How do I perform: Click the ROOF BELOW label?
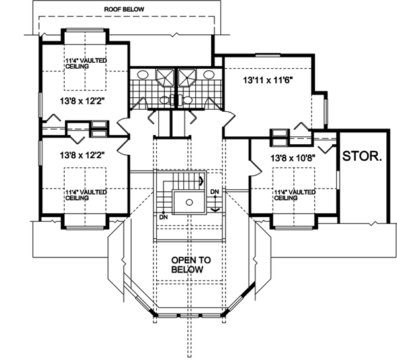(x=124, y=9)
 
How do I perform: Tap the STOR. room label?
(x=362, y=156)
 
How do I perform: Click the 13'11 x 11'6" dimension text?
(x=268, y=81)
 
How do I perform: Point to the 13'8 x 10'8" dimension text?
(x=292, y=158)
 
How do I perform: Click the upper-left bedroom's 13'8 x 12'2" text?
(x=82, y=101)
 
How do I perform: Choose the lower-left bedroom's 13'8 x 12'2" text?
(x=82, y=155)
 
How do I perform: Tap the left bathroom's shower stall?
(x=165, y=77)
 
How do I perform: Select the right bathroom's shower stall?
(x=187, y=77)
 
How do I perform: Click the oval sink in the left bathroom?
(x=143, y=75)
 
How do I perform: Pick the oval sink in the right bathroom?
(x=209, y=74)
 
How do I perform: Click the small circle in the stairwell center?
(x=189, y=202)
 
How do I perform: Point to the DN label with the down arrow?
(x=214, y=192)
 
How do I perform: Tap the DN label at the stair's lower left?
(x=164, y=217)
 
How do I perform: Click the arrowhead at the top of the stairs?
(x=202, y=181)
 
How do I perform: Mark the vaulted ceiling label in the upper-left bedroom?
(x=86, y=64)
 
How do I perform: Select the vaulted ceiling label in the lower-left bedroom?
(x=86, y=195)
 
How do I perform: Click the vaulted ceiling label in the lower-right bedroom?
(x=294, y=195)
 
